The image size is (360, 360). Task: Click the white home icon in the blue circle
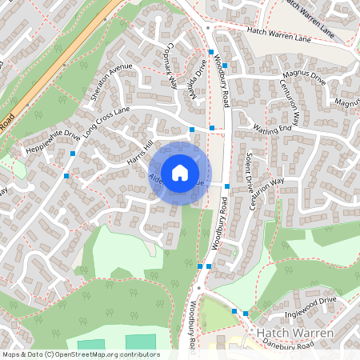click(x=180, y=172)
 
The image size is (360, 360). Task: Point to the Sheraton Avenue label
click(x=110, y=82)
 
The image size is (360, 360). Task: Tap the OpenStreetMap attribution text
click(x=80, y=354)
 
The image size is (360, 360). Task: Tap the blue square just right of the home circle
click(x=227, y=186)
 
